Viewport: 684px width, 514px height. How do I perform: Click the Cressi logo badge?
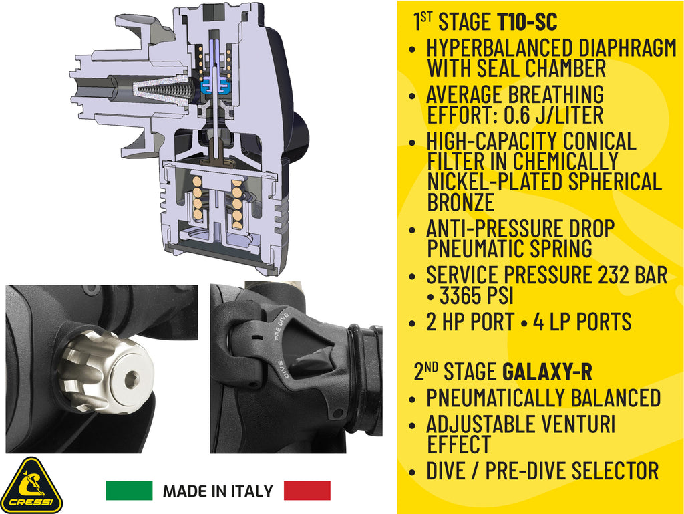pyautogui.click(x=31, y=486)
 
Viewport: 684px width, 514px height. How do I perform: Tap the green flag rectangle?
pyautogui.click(x=129, y=491)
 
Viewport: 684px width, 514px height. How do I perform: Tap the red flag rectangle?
pyautogui.click(x=307, y=491)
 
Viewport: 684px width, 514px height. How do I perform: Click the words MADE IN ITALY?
pyautogui.click(x=218, y=491)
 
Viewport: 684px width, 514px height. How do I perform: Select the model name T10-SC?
pyautogui.click(x=527, y=22)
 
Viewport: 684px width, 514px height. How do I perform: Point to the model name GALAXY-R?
pyautogui.click(x=548, y=372)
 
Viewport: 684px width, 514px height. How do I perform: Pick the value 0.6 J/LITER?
pyautogui.click(x=554, y=115)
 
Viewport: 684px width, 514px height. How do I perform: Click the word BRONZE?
pyautogui.click(x=461, y=203)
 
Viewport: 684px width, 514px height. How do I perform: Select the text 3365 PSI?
pyautogui.click(x=476, y=296)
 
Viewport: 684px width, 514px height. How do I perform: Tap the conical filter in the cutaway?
pyautogui.click(x=163, y=90)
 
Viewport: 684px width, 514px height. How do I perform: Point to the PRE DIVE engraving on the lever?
pyautogui.click(x=281, y=326)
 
